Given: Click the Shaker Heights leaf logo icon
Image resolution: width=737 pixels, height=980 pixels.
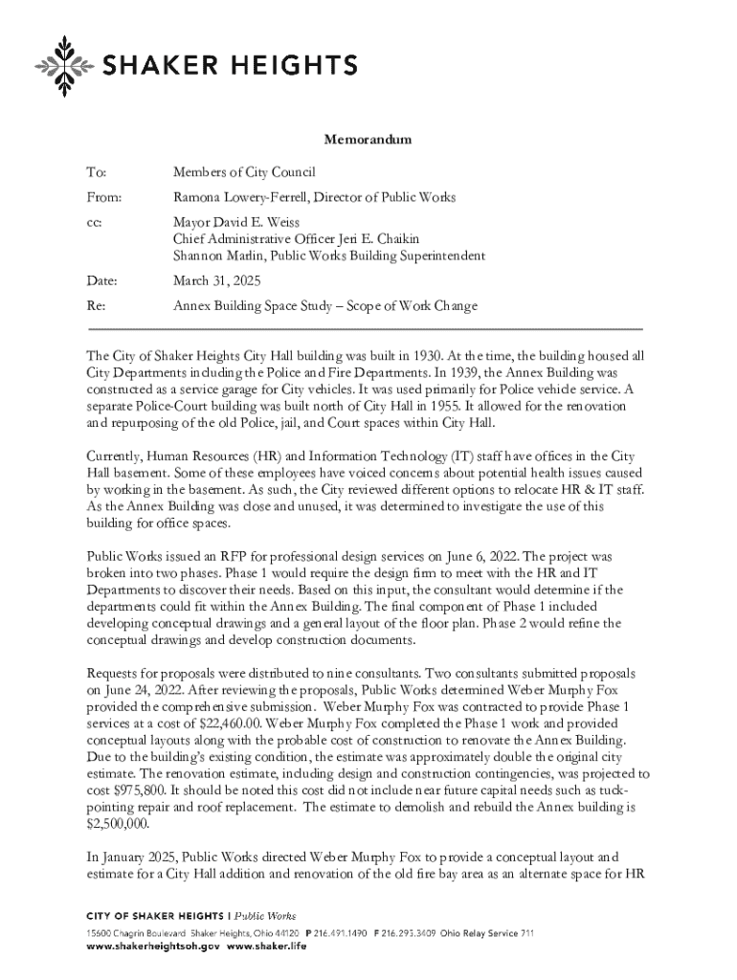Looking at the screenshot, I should pyautogui.click(x=64, y=66).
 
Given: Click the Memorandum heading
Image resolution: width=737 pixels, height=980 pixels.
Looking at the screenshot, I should pyautogui.click(x=368, y=140).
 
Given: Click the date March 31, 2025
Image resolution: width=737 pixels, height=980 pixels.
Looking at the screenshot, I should pyautogui.click(x=215, y=282).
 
